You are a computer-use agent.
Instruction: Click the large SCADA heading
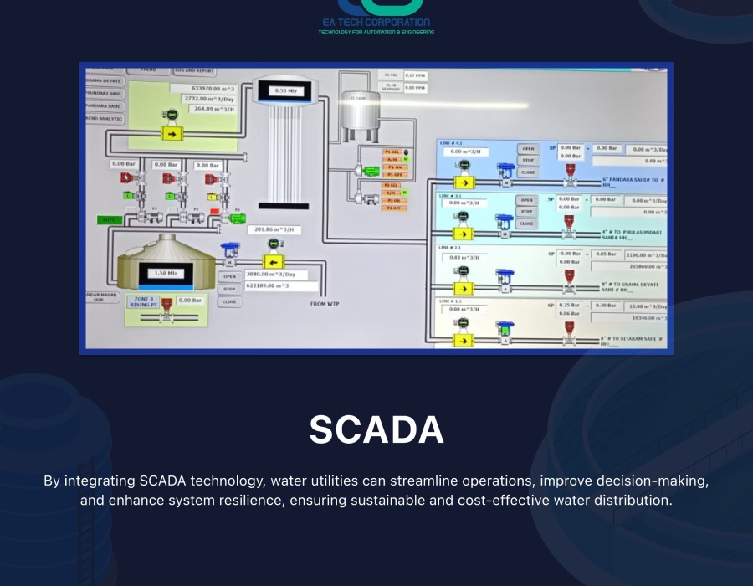pyautogui.click(x=376, y=429)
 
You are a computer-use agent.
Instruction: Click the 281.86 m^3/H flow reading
pyautogui.click(x=274, y=229)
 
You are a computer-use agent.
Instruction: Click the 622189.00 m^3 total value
pyautogui.click(x=273, y=285)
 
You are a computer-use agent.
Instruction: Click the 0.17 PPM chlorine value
pyautogui.click(x=415, y=75)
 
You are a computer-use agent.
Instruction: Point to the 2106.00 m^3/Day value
pyautogui.click(x=648, y=254)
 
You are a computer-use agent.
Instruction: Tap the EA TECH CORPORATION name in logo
pyautogui.click(x=376, y=23)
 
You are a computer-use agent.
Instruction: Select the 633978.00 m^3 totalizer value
pyautogui.click(x=204, y=87)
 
